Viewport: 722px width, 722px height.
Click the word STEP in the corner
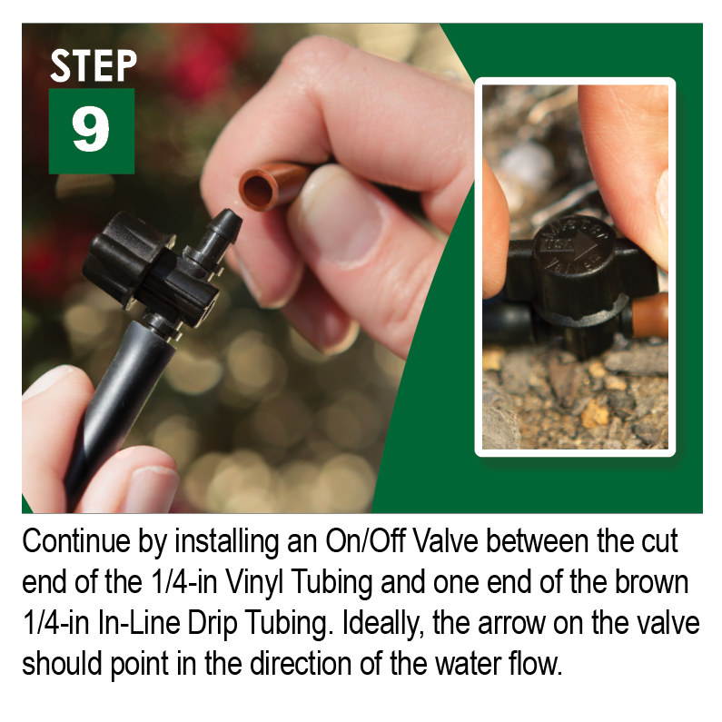click(x=94, y=66)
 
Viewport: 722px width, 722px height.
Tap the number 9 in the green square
click(x=91, y=128)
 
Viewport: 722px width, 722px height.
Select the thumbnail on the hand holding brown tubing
click(x=341, y=215)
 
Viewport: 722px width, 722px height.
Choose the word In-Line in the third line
click(x=139, y=623)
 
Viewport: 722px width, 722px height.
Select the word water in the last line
click(x=469, y=665)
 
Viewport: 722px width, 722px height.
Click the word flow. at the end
click(x=536, y=664)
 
